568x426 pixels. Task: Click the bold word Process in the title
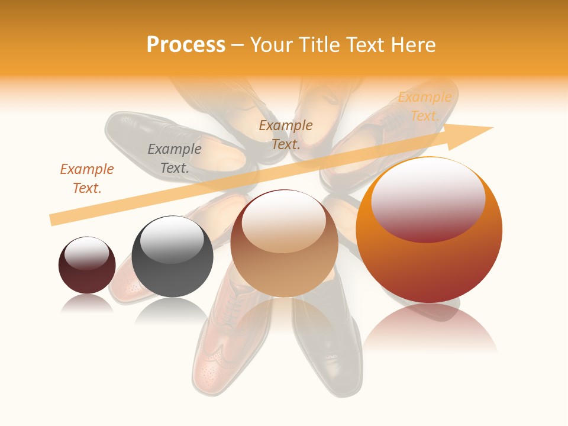point(186,45)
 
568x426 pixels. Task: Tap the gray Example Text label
point(175,159)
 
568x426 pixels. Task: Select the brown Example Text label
point(286,134)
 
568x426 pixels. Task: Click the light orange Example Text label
point(425,106)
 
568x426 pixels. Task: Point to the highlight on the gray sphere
point(172,240)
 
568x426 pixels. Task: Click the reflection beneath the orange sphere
point(430,328)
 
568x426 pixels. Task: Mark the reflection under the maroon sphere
point(87,304)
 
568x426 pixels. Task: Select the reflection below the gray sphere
point(172,311)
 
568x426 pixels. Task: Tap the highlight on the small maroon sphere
point(87,253)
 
